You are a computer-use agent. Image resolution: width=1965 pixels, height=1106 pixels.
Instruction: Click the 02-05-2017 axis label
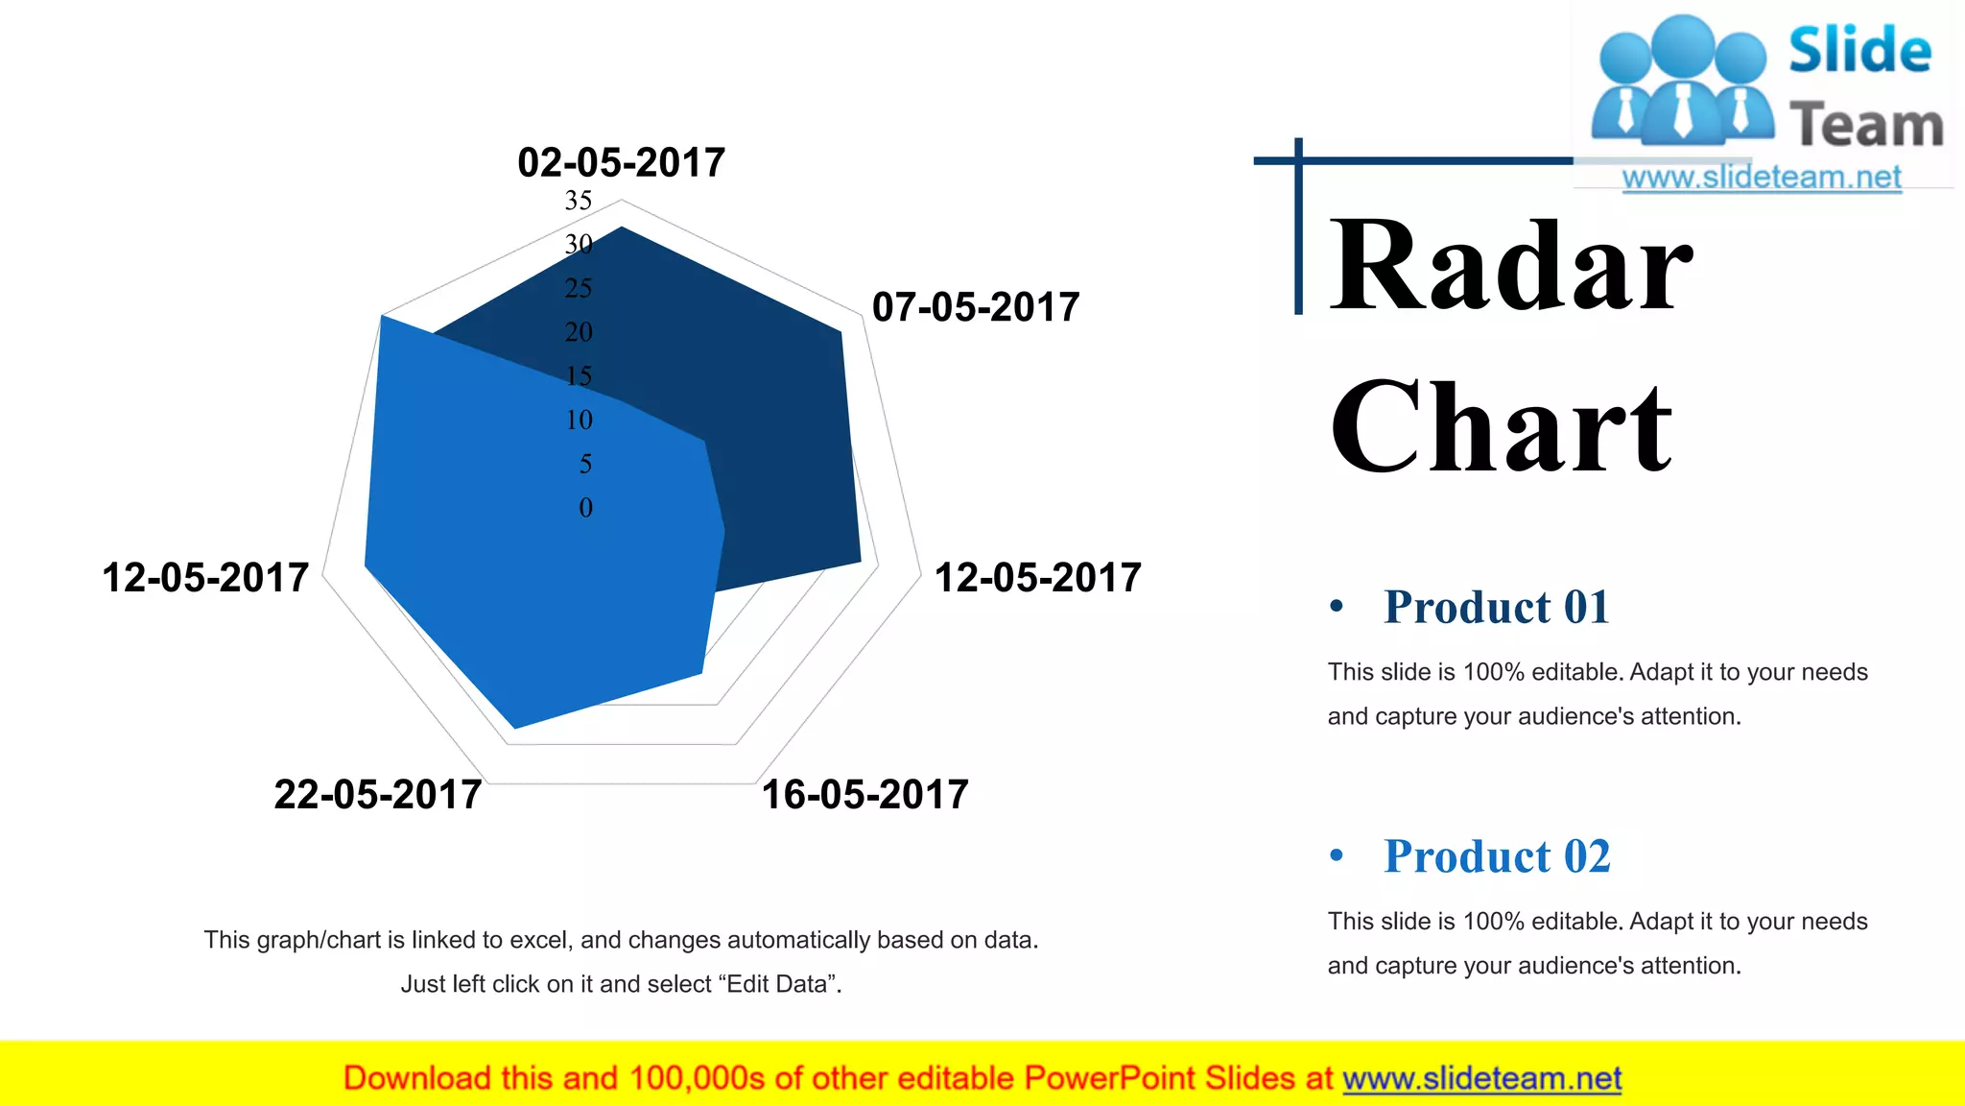point(621,162)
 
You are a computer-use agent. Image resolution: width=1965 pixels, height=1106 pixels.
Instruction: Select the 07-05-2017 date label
point(976,307)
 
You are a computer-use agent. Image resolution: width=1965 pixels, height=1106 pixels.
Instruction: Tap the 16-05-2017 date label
point(864,795)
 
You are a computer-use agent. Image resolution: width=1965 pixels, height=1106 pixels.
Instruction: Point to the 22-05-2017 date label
point(378,795)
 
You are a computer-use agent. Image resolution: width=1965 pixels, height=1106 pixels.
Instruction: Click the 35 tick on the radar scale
point(579,201)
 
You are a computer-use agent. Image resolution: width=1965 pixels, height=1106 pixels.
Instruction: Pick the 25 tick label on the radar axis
point(579,288)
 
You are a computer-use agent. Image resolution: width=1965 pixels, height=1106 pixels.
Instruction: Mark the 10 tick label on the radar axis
point(580,420)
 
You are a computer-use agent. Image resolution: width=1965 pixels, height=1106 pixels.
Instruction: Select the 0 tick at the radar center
point(585,508)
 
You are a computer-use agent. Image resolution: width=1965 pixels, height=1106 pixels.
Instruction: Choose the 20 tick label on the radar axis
point(579,332)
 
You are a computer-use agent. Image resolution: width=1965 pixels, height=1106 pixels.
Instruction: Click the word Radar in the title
point(1510,266)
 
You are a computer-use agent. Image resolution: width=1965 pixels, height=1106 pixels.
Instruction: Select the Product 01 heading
point(1496,607)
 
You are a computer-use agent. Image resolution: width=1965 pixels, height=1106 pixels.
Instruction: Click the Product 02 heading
point(1496,856)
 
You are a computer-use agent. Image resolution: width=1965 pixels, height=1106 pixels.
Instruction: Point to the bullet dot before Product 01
point(1337,606)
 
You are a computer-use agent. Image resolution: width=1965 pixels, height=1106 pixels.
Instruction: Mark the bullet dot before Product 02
point(1337,854)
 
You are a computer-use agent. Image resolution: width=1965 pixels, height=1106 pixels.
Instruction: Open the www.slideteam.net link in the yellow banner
point(1481,1078)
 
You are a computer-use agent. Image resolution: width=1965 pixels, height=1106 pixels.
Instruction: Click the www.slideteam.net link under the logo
point(1762,178)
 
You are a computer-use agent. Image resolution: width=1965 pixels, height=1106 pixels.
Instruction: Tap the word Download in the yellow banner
point(416,1078)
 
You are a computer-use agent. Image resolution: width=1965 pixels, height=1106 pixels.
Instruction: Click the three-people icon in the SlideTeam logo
point(1682,81)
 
